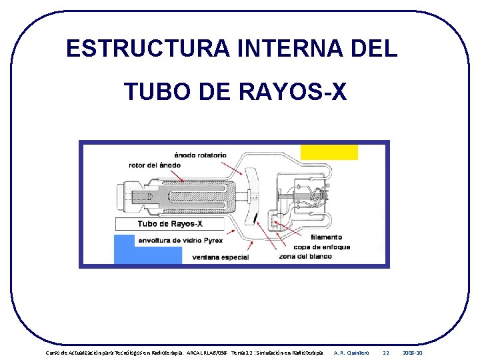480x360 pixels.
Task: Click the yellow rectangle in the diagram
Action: (329, 152)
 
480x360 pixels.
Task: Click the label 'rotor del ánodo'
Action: (155, 165)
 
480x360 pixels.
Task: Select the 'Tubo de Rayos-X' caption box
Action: (169, 223)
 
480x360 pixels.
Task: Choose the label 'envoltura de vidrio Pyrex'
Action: (180, 240)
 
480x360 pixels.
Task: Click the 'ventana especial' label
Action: (220, 257)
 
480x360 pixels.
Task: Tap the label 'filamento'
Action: (325, 237)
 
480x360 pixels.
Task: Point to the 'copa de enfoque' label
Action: (324, 247)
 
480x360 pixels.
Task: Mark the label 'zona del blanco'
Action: (305, 256)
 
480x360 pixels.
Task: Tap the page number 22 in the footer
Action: (385, 352)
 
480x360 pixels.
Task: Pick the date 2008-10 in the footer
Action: (413, 352)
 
